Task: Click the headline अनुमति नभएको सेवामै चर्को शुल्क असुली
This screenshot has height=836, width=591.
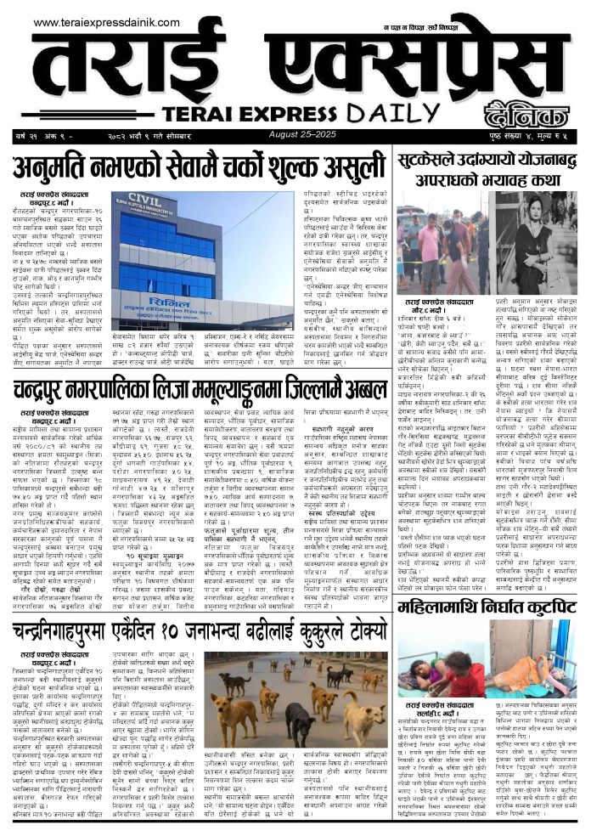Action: click(x=201, y=162)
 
